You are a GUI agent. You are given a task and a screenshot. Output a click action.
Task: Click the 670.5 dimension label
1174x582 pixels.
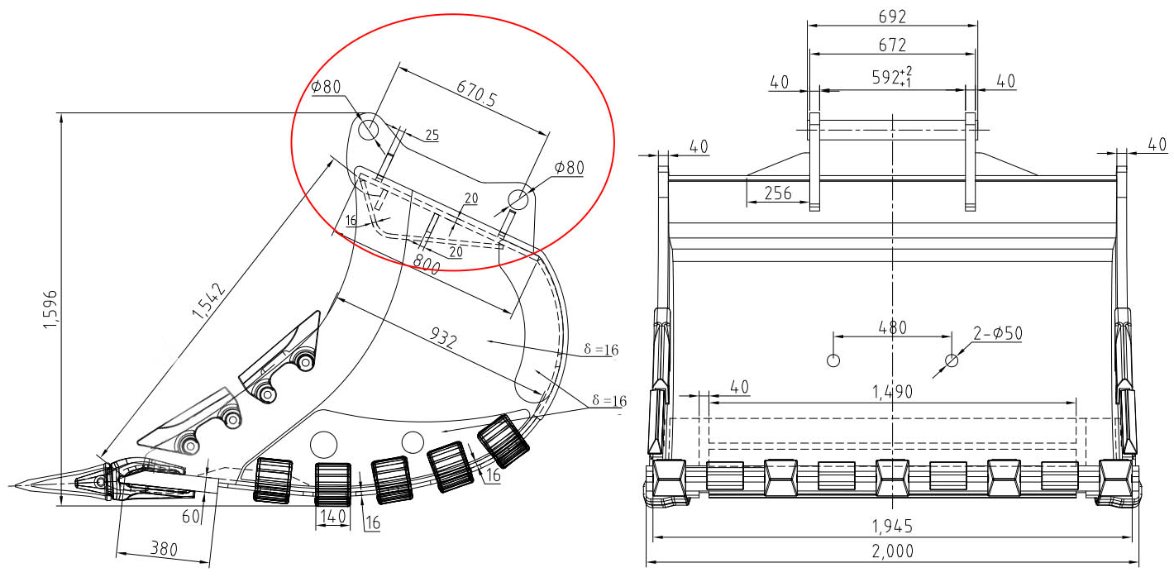point(476,93)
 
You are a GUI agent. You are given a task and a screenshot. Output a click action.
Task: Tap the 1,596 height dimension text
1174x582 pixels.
point(50,309)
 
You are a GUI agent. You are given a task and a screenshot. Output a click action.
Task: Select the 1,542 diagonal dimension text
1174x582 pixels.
point(208,301)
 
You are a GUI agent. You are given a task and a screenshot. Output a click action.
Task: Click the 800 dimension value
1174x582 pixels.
point(426,264)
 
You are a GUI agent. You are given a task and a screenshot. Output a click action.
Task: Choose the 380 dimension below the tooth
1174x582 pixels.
point(164,548)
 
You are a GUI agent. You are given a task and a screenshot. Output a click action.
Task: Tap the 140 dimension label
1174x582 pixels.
point(333,517)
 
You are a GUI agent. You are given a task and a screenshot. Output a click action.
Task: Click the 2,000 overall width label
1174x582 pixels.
point(893,551)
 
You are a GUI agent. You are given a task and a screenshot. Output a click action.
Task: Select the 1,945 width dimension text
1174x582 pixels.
point(892,526)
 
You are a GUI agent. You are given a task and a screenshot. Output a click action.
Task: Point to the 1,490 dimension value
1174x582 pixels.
point(892,391)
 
